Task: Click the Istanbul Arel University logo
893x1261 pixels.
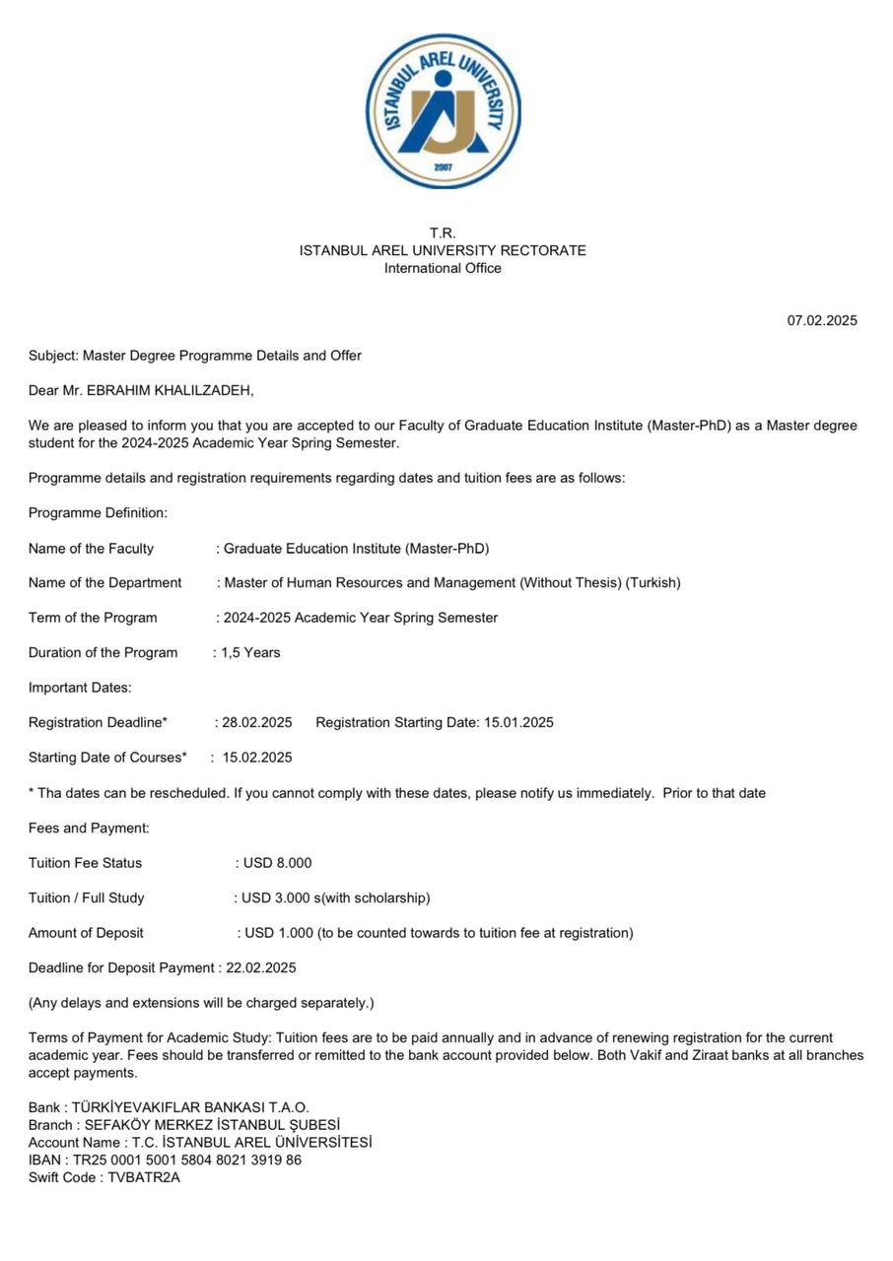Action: (x=443, y=110)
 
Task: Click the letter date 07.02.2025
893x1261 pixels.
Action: (x=821, y=320)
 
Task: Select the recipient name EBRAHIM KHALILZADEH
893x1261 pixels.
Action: (x=169, y=390)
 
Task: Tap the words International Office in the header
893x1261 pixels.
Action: (x=443, y=268)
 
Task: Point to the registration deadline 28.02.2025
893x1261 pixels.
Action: (x=257, y=722)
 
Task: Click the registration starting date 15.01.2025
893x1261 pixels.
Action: (x=518, y=722)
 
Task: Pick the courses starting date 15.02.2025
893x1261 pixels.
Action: (x=257, y=758)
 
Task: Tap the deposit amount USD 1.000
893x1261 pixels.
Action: (x=279, y=933)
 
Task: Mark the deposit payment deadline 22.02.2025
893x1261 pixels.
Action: (x=261, y=967)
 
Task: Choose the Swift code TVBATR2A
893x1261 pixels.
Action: (x=144, y=1177)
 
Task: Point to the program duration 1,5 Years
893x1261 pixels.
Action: (x=250, y=652)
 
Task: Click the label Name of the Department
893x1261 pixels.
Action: (x=105, y=582)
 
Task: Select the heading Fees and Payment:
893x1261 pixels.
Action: (x=89, y=828)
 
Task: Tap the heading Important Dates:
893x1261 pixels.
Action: (x=80, y=688)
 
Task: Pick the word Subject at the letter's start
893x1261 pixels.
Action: (x=51, y=356)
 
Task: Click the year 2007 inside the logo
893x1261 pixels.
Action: (x=443, y=167)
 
